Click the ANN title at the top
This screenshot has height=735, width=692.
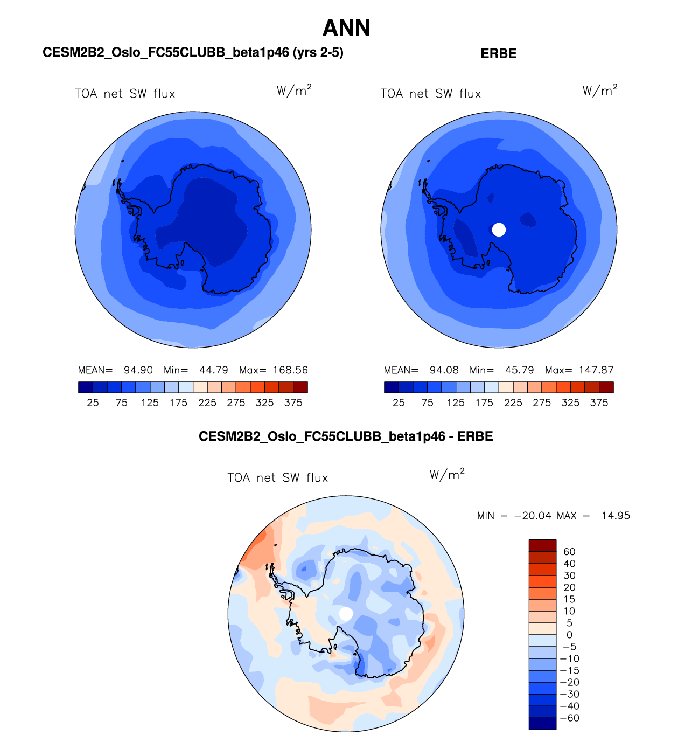(346, 28)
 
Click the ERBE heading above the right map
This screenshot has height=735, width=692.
(498, 53)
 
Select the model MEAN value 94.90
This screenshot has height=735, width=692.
(138, 370)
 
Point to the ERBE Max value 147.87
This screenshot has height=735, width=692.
(596, 370)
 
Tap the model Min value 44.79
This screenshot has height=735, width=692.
(214, 370)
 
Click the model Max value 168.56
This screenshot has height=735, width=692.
(290, 370)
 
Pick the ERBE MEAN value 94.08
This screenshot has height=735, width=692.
(444, 370)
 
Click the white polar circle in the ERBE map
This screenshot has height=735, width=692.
(499, 230)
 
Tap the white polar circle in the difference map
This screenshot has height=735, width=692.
(346, 613)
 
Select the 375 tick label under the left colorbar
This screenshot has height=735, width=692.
(293, 403)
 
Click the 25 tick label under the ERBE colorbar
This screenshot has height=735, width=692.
(399, 403)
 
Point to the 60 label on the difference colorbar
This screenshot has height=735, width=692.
(569, 552)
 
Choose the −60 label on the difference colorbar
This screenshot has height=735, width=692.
(569, 718)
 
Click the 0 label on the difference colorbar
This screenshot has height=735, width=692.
(569, 635)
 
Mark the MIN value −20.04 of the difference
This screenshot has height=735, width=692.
(533, 516)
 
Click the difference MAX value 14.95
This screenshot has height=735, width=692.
(616, 516)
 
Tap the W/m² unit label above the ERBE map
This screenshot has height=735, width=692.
(600, 90)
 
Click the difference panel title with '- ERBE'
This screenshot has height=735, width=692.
(346, 436)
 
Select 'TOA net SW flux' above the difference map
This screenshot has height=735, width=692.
(277, 478)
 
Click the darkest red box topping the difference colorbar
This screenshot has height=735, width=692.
(542, 545)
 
